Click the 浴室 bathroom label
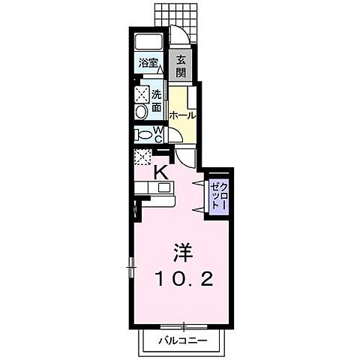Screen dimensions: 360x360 pos(147,64)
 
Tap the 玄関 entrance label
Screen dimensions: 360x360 pos(182,65)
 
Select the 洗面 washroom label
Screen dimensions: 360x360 pos(157,100)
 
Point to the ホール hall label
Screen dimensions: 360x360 pos(182,115)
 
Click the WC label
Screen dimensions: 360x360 pos(159,133)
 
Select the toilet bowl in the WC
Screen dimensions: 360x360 pos(142,134)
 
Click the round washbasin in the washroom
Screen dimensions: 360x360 pos(141,111)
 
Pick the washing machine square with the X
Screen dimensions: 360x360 pos(141,94)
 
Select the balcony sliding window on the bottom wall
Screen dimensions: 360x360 pos(183,326)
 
